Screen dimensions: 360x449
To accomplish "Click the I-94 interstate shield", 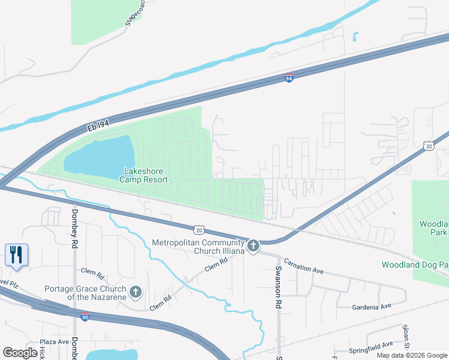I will coord(289,79).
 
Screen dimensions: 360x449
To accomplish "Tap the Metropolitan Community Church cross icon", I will coord(253,245).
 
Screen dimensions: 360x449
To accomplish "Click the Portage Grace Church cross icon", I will coord(136,292).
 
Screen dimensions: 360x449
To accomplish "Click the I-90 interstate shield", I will coord(86,316).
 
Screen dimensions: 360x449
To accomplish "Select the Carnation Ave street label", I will coord(304,266).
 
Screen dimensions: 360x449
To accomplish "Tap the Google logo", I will coord(20,353).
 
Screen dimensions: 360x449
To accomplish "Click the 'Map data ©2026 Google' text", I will coord(411,355).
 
